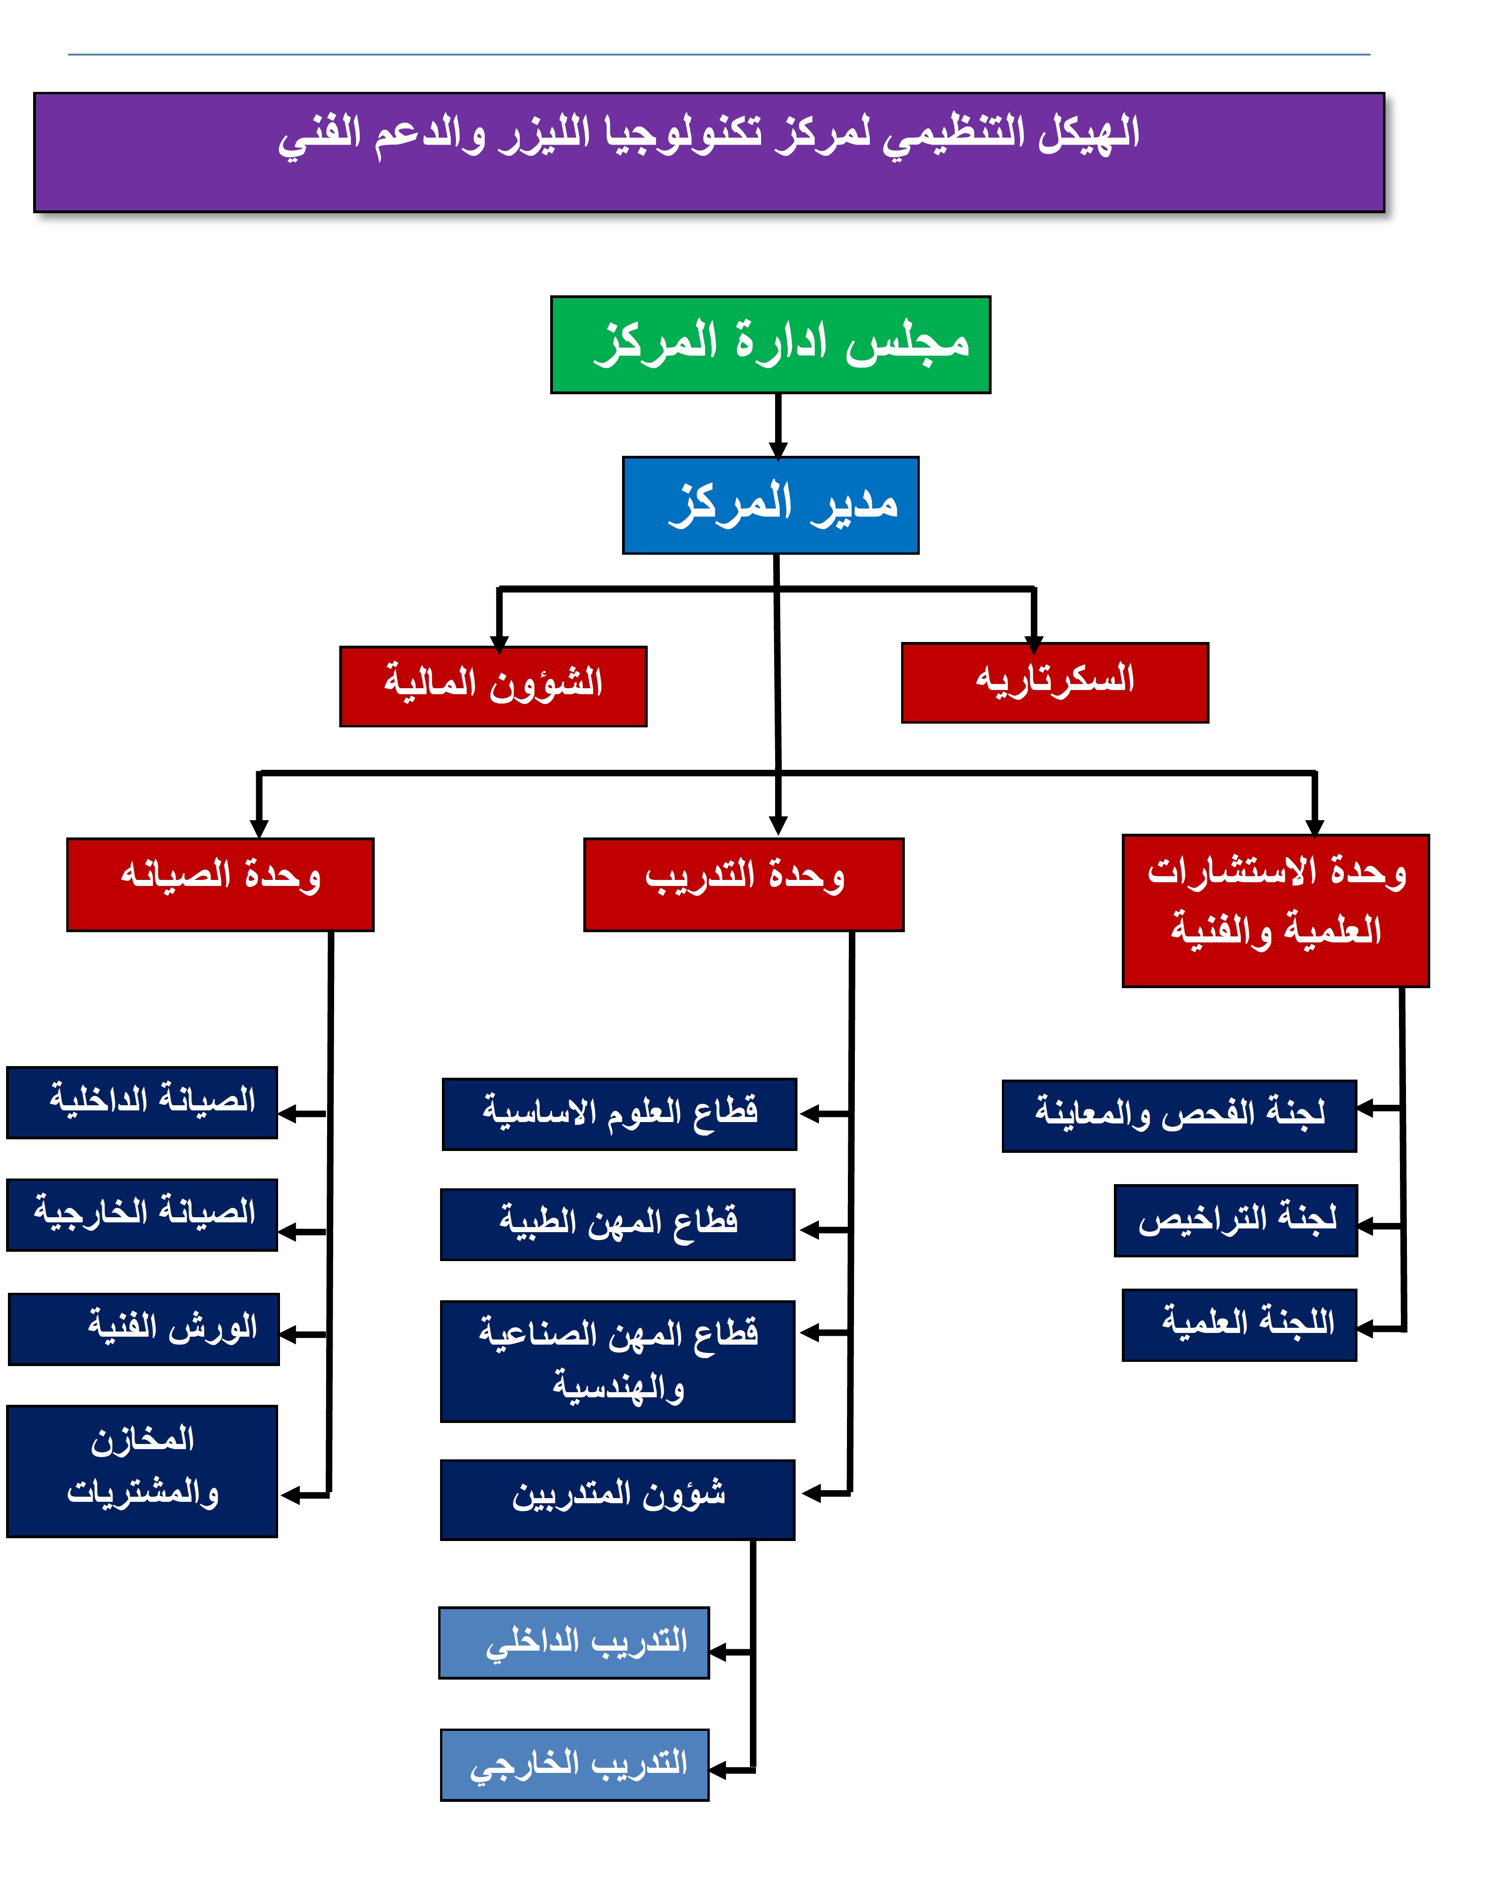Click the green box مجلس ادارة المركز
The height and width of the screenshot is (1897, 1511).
coord(770,344)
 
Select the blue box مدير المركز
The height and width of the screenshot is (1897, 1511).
coord(770,505)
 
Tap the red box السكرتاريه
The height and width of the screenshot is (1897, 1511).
coord(1054,682)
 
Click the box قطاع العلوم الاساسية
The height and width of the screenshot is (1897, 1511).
coord(620,1114)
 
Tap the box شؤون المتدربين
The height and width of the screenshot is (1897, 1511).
coord(618,1499)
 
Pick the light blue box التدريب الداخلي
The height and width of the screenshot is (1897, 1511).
coord(574,1643)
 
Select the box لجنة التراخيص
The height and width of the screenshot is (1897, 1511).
coord(1236,1220)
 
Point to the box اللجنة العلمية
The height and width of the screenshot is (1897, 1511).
coord(1239,1325)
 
